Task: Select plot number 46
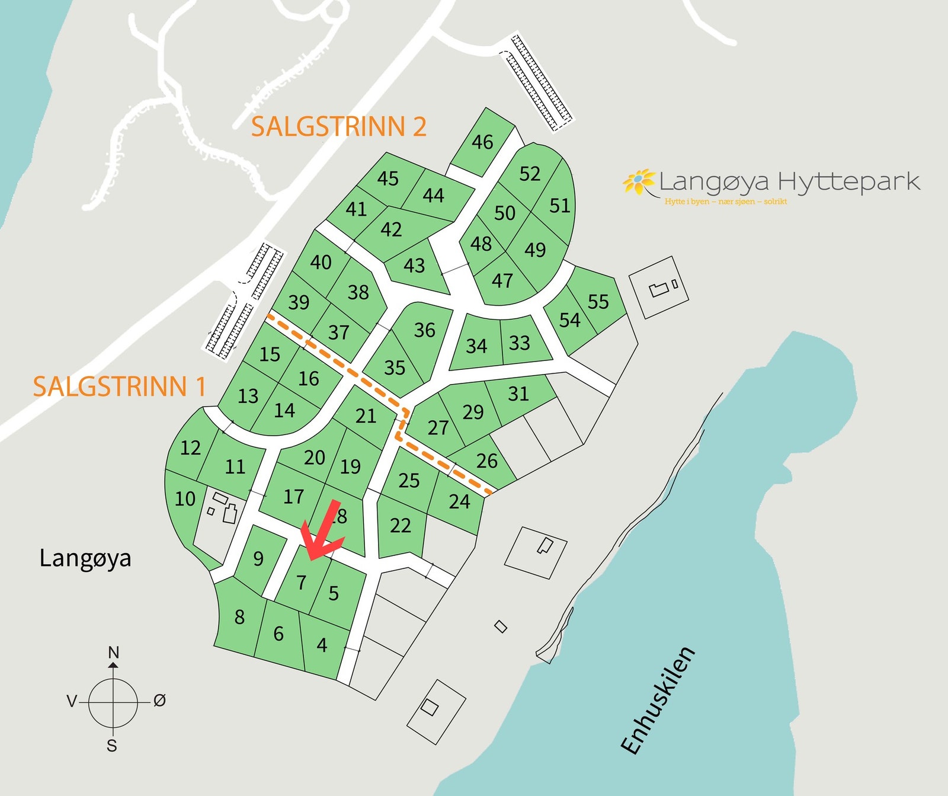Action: click(482, 142)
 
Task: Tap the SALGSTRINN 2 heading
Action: click(338, 127)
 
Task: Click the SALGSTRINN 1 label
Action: click(119, 386)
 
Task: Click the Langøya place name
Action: click(85, 558)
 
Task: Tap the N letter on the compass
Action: click(113, 653)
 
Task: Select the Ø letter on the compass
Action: click(159, 701)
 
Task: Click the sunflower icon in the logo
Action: click(638, 181)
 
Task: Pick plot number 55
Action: click(598, 302)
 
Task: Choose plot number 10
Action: click(185, 498)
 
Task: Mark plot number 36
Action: click(424, 330)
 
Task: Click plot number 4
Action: click(322, 644)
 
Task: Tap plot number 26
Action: click(486, 461)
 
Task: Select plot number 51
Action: click(559, 206)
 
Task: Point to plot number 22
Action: click(400, 525)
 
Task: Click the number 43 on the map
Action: click(414, 265)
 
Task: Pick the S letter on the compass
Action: click(112, 746)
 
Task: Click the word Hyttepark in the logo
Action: click(848, 181)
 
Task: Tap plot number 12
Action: click(190, 447)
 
